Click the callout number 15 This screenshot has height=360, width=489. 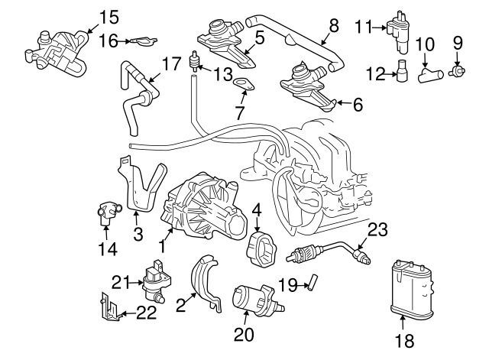(x=109, y=15)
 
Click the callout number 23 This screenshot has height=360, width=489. (x=378, y=229)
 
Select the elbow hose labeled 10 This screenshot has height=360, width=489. (x=430, y=74)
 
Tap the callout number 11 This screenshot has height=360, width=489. (x=362, y=28)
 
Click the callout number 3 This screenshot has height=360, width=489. (x=138, y=234)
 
